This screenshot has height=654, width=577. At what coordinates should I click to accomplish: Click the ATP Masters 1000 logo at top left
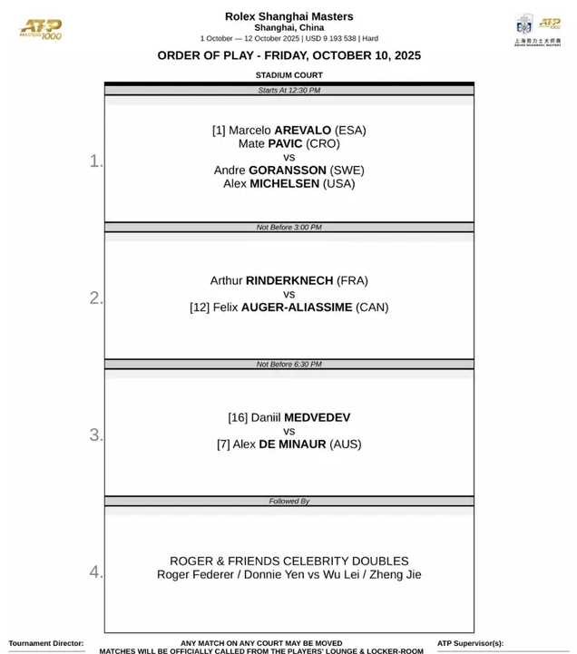pos(41,29)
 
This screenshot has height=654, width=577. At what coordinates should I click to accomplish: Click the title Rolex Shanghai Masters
pos(288,16)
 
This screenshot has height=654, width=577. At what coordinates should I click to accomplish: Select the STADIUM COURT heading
pos(288,75)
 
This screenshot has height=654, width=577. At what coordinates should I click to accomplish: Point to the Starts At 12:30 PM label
pos(288,91)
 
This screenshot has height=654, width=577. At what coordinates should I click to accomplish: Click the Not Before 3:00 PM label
pos(288,228)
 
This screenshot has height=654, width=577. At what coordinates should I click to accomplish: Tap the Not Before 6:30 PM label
pos(288,365)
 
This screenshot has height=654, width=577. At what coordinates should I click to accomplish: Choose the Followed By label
pos(288,501)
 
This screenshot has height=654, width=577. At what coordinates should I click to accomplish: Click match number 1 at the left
pos(96,161)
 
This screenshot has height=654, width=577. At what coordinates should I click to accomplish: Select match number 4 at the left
pos(96,571)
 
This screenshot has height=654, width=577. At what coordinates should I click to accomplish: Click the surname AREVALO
pos(302,131)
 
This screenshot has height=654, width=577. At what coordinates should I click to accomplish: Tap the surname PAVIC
pos(284,143)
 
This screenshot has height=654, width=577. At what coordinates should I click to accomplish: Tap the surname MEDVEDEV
pos(317,417)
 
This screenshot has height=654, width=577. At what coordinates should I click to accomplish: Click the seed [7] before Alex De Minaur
pos(223,444)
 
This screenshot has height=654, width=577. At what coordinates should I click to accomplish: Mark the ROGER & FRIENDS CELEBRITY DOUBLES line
pos(288,561)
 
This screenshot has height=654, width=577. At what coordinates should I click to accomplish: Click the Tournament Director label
pos(45,643)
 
